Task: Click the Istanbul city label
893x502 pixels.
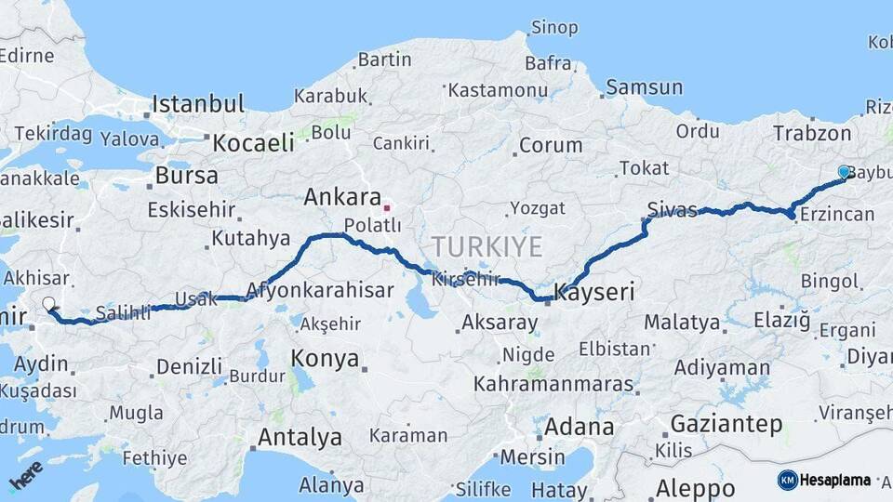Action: tap(197, 103)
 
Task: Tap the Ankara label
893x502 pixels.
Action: tap(342, 197)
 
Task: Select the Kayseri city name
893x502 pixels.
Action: tap(594, 293)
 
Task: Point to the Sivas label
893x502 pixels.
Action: tap(672, 209)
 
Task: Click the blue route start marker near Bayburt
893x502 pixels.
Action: tap(844, 172)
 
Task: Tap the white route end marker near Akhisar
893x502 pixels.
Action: tap(48, 303)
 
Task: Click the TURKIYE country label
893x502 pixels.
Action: tap(486, 246)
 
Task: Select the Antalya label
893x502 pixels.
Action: tap(299, 437)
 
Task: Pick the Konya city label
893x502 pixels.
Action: tap(325, 358)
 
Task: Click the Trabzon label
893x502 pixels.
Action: tap(811, 133)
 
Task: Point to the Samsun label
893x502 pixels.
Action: tap(644, 87)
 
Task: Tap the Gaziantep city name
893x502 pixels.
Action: tap(726, 424)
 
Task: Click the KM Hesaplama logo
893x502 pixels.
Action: tap(824, 480)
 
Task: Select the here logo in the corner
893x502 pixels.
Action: tap(26, 477)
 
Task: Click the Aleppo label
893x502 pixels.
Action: tap(695, 487)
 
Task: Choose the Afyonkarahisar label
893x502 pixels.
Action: tap(320, 290)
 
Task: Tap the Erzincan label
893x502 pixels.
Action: tap(837, 215)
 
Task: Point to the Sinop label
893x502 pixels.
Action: tap(553, 27)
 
